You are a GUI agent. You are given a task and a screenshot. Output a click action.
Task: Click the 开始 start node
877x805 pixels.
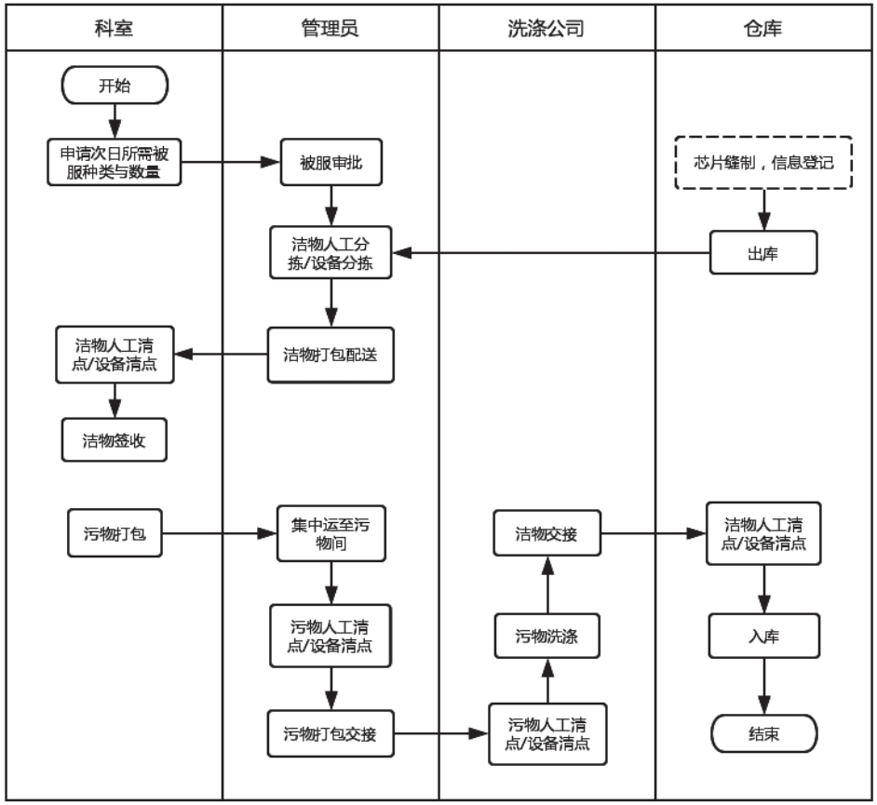pyautogui.click(x=115, y=87)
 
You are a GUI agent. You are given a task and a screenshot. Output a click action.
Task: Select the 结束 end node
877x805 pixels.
pyautogui.click(x=763, y=733)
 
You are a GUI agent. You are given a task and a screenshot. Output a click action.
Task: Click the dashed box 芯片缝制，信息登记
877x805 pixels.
pyautogui.click(x=762, y=163)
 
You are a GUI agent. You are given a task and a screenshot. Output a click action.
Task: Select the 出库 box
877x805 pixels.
pyautogui.click(x=763, y=253)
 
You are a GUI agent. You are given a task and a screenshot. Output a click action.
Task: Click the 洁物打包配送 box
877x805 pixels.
pyautogui.click(x=331, y=354)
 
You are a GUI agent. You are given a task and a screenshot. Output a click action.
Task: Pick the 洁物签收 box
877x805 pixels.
pyautogui.click(x=115, y=440)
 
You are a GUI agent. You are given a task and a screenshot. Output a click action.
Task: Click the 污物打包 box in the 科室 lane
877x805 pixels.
pyautogui.click(x=115, y=535)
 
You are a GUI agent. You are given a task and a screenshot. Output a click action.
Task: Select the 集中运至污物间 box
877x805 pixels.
pyautogui.click(x=331, y=535)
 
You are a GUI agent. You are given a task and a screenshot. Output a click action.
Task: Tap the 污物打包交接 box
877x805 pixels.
pyautogui.click(x=331, y=733)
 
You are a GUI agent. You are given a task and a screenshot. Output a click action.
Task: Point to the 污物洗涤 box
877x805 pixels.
pyautogui.click(x=546, y=637)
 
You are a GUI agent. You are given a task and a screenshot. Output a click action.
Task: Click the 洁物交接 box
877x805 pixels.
pyautogui.click(x=546, y=535)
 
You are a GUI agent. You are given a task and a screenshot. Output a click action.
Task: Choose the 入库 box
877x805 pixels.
pyautogui.click(x=763, y=637)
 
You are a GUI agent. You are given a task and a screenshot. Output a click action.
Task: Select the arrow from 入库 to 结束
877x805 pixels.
pyautogui.click(x=763, y=687)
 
